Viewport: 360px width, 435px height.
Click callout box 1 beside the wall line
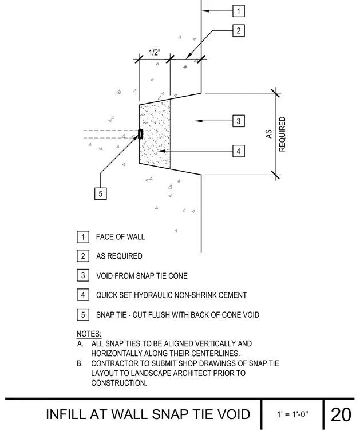239,11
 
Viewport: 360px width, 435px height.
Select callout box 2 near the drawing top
239,30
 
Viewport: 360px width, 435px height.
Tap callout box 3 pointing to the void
239,121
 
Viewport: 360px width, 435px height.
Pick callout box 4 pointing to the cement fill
239,151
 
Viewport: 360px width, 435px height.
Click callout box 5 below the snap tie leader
101,193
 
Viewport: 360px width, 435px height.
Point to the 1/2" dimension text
155,53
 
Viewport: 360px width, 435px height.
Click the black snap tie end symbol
141,134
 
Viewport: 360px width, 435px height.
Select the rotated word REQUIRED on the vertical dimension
282,134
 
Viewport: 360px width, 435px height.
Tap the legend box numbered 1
83,237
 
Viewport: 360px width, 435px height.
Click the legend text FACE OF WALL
120,237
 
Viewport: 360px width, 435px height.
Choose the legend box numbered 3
83,275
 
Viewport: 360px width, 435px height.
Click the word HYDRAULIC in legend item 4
151,295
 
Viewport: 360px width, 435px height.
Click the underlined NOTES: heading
89,334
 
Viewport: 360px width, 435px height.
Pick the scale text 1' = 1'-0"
292,414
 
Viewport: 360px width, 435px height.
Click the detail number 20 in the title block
341,415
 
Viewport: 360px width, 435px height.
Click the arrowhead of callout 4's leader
162,151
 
